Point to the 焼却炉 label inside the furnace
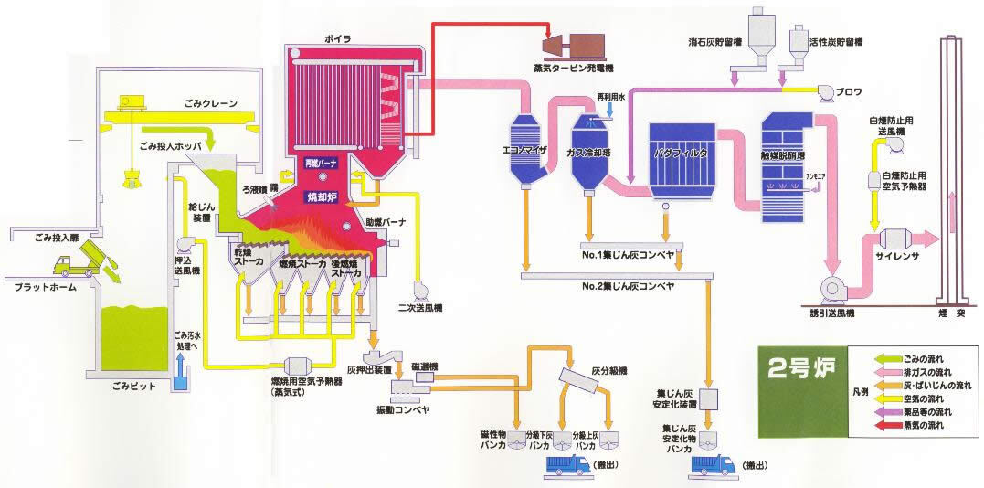pyautogui.click(x=323, y=195)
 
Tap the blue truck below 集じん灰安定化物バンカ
pyautogui.click(x=713, y=464)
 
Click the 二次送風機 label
pyautogui.click(x=418, y=308)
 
